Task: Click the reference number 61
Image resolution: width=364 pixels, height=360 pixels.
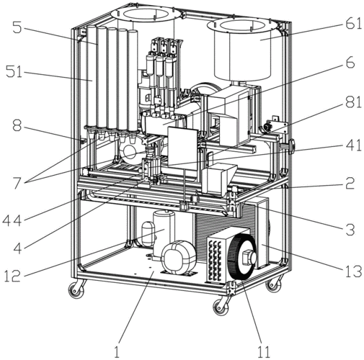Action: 353,24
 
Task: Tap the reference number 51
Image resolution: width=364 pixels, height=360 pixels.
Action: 14,72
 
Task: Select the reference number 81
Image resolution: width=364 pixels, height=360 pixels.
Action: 353,102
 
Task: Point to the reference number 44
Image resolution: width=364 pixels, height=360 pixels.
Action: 12,220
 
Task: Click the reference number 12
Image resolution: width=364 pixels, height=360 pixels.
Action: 12,276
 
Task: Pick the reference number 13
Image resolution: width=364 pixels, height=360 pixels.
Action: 353,271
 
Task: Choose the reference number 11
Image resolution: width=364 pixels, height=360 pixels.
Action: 264,352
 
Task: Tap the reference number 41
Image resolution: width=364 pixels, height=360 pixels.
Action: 353,145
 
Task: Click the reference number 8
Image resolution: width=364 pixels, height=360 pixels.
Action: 17,125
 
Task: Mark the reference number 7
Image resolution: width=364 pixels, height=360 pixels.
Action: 17,184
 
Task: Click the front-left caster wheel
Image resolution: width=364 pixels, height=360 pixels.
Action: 76,289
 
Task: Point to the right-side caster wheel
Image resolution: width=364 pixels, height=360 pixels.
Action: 273,284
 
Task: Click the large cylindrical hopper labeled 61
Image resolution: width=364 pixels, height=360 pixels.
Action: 243,49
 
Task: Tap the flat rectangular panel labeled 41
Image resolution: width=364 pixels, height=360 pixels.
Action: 182,147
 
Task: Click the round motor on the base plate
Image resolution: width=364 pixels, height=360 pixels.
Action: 179,258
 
